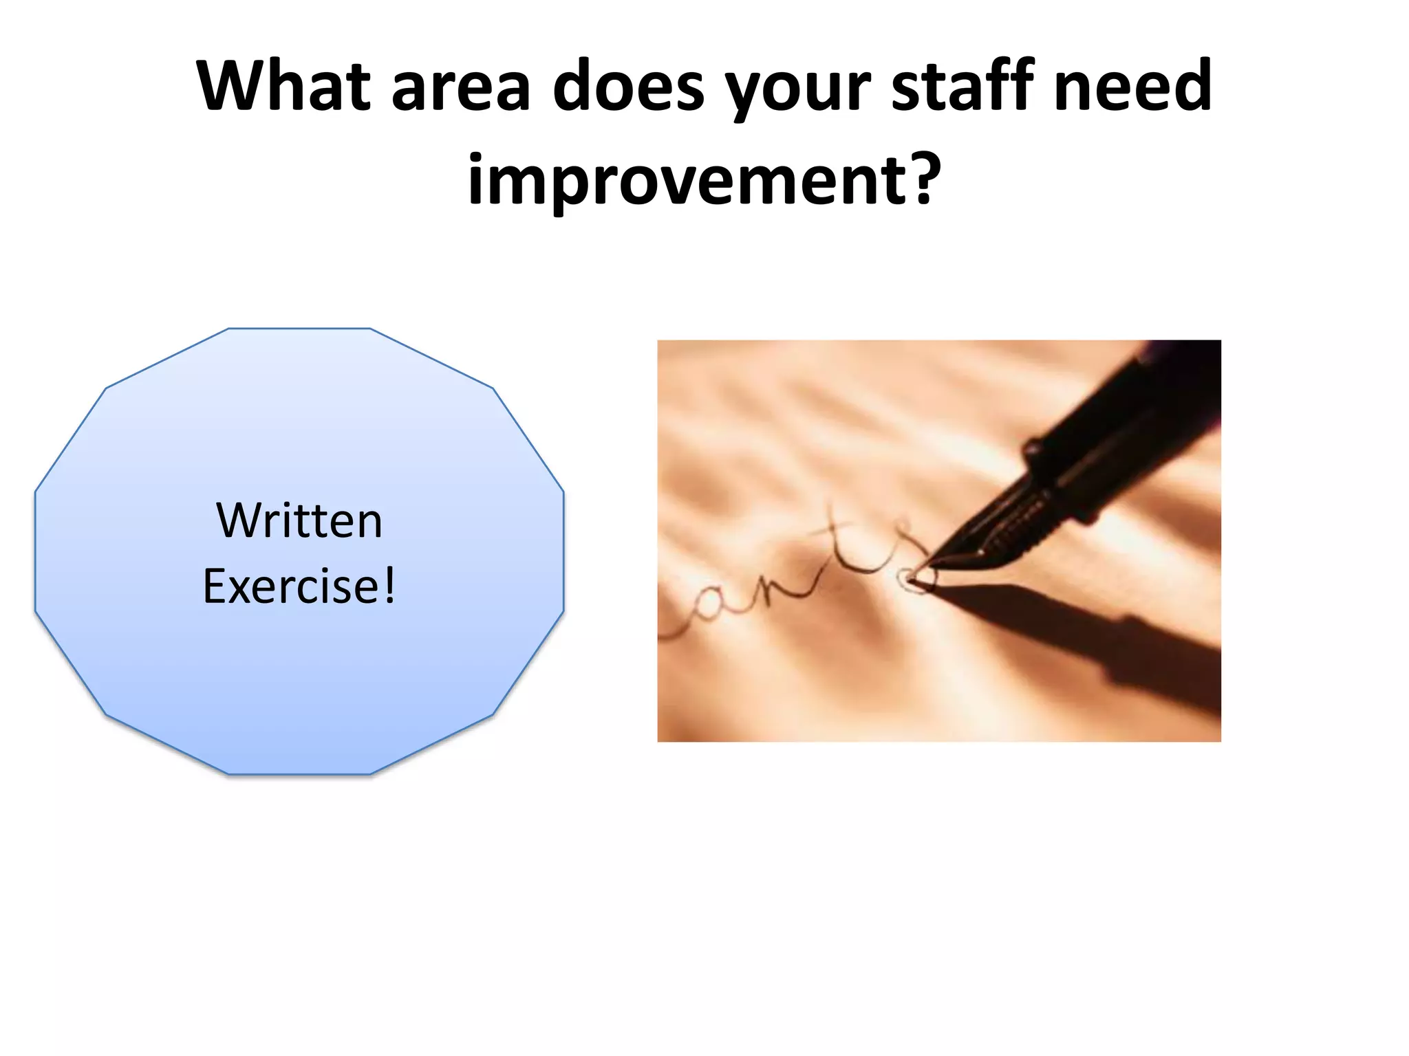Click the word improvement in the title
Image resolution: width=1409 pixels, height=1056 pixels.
point(685,180)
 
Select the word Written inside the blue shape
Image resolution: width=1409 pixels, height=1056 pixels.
point(299,520)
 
